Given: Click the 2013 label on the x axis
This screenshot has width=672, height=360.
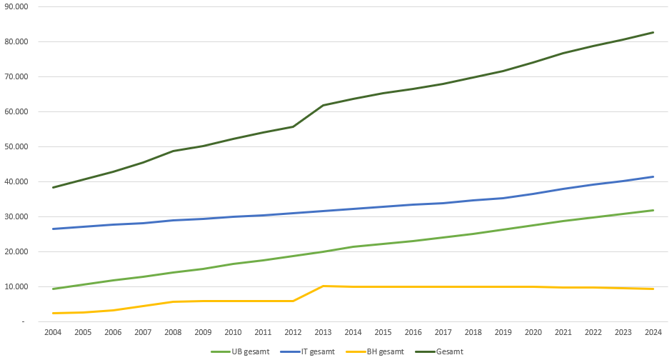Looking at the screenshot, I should point(323,332).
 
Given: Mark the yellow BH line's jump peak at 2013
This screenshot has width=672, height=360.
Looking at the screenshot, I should point(323,286).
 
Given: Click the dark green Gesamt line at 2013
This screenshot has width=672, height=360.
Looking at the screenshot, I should point(323,106).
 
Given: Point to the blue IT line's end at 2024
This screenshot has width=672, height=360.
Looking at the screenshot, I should point(653,176).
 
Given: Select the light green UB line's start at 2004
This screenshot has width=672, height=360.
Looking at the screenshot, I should point(53,289).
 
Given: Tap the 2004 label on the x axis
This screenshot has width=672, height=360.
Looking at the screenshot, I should point(53,332).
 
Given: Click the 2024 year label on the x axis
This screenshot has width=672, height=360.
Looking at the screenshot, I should point(653,332).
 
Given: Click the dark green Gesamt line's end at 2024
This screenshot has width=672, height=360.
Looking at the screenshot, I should point(653,32).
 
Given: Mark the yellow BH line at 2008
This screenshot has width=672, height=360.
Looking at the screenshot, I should point(173,301).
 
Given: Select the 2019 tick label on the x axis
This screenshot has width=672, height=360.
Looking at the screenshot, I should point(503,332).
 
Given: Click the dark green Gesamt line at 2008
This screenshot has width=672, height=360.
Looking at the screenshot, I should point(173,151).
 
